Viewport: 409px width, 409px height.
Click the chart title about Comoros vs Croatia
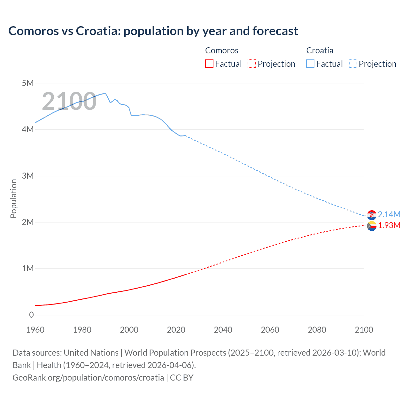[x=153, y=31]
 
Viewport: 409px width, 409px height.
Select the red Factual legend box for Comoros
[x=209, y=64]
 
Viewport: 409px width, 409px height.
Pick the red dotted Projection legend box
[x=252, y=64]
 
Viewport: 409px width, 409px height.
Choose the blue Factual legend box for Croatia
[x=310, y=64]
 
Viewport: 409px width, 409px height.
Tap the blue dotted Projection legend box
[x=353, y=64]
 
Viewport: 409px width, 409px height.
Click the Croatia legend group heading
[x=320, y=50]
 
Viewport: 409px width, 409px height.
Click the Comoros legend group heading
[x=221, y=50]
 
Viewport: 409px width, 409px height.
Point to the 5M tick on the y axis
[x=28, y=83]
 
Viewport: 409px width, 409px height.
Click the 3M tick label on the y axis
[x=28, y=176]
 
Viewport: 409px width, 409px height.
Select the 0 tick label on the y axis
[x=31, y=315]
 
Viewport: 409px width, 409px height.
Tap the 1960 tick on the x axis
[x=35, y=330]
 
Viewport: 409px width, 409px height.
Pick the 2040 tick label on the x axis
[x=223, y=330]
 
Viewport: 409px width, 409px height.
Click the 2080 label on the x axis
[x=317, y=330]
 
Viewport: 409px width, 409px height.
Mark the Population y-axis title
[x=13, y=198]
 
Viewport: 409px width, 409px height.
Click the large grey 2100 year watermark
[x=69, y=101]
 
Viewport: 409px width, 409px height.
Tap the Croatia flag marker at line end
[x=372, y=215]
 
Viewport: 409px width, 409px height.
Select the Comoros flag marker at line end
[x=372, y=226]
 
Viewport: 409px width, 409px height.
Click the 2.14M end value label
[x=389, y=214]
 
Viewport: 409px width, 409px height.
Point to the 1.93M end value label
[x=389, y=226]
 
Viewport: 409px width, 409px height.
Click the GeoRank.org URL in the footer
[x=88, y=378]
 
